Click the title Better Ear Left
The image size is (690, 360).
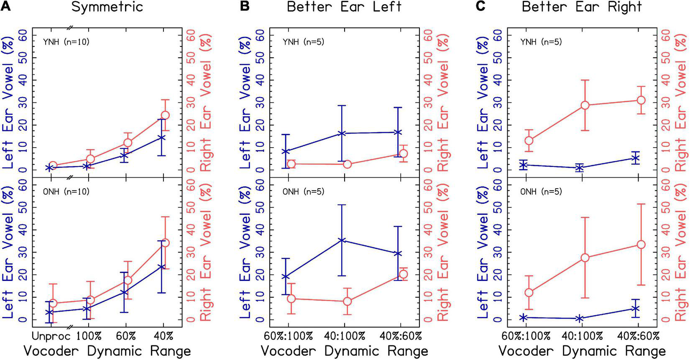click(345, 7)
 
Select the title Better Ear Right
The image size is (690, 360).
click(582, 7)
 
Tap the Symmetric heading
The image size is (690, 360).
click(107, 7)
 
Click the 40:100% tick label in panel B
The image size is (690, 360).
click(344, 336)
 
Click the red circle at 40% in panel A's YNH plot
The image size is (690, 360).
click(165, 115)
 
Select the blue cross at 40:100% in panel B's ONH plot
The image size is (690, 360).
click(342, 240)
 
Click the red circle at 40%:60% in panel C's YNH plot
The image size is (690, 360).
click(641, 100)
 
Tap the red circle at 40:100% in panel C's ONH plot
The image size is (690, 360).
click(585, 258)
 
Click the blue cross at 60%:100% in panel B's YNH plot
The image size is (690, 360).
click(286, 151)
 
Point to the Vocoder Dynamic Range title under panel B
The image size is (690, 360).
click(344, 351)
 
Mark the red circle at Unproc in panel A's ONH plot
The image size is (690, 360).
click(53, 303)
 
